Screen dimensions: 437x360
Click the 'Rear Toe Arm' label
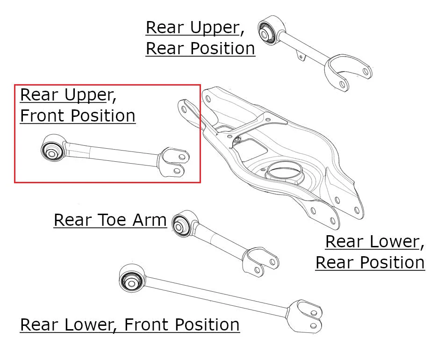click(110, 220)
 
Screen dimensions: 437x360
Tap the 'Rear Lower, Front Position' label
click(130, 324)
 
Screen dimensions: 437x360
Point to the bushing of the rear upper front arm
click(53, 148)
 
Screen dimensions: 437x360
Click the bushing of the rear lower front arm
click(131, 278)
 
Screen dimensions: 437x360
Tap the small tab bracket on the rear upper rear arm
click(301, 56)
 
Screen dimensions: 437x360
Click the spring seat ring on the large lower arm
click(284, 171)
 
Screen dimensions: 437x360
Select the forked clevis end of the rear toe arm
click(260, 261)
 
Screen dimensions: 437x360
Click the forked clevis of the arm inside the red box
click(173, 162)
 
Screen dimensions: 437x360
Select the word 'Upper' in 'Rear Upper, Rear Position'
click(215, 28)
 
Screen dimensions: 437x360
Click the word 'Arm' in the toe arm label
click(150, 220)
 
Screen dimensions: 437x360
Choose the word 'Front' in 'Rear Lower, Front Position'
click(147, 324)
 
